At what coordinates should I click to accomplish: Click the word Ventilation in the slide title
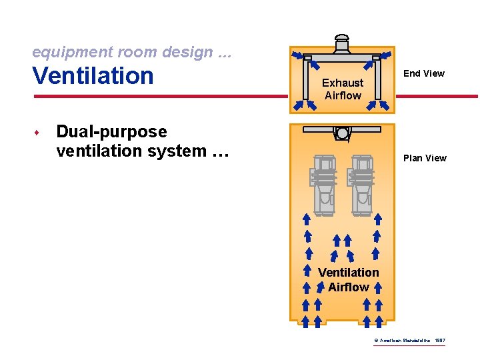click(93, 75)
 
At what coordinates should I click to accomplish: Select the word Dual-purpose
click(111, 131)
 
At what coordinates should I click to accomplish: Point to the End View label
click(424, 73)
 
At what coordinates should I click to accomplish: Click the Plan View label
click(425, 158)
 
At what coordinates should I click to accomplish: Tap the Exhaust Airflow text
click(343, 89)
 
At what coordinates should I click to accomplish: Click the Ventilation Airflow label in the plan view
click(348, 279)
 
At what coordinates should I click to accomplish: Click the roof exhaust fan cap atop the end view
click(342, 39)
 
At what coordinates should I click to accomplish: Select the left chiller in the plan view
click(323, 184)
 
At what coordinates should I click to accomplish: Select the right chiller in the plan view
click(363, 184)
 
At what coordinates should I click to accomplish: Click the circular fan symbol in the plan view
click(343, 133)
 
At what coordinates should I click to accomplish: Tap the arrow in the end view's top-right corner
click(386, 55)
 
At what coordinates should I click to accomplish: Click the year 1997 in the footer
click(439, 341)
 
